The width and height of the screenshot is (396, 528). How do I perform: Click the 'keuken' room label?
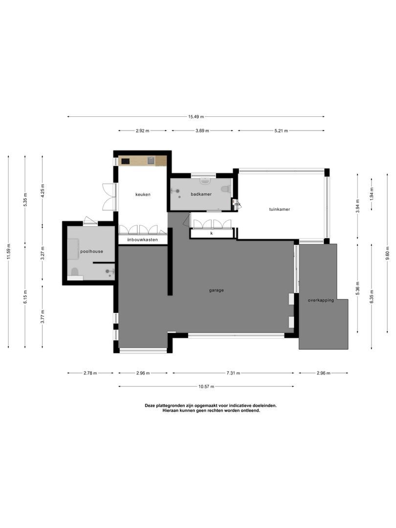click(143, 194)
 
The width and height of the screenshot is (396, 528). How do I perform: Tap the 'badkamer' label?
click(201, 194)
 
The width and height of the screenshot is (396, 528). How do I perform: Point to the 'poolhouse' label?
click(91, 252)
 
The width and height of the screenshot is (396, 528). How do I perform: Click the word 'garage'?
click(216, 290)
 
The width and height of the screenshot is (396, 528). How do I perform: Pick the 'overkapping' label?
click(321, 300)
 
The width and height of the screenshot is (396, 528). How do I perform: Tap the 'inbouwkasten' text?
click(142, 240)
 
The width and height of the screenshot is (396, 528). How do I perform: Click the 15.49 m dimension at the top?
click(196, 116)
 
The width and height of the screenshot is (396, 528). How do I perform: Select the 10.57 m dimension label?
click(206, 386)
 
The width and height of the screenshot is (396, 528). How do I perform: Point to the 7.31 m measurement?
click(233, 373)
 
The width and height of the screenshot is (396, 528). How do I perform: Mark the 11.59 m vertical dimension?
click(8, 252)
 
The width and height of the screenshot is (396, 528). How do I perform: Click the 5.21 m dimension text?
click(281, 131)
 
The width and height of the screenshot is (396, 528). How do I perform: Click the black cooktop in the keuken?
click(126, 160)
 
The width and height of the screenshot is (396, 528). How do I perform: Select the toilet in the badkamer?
click(225, 189)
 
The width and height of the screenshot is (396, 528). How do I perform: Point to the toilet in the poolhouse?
click(75, 272)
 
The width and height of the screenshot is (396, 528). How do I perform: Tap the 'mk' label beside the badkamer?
click(238, 204)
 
